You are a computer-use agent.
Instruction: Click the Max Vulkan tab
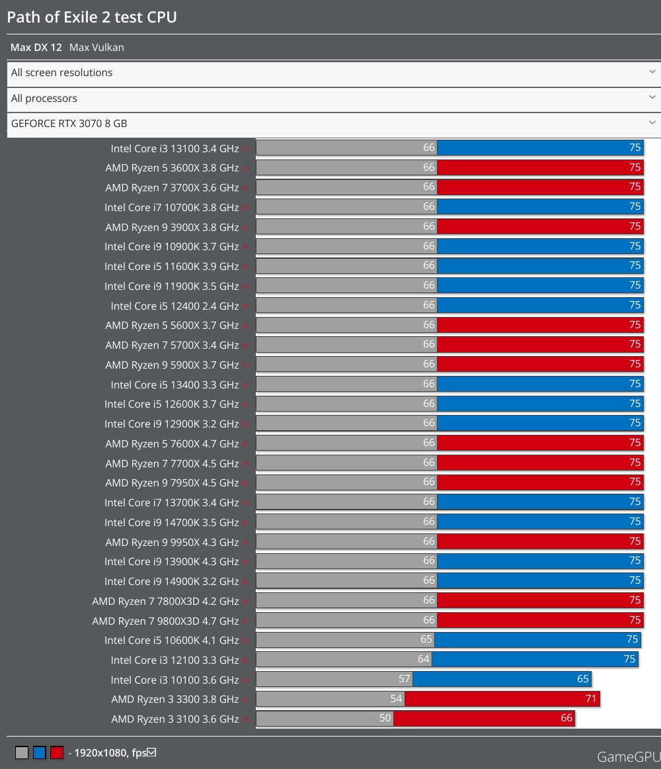tap(97, 48)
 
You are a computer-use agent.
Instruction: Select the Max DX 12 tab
tap(36, 48)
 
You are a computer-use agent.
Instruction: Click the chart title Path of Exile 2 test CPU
tap(92, 17)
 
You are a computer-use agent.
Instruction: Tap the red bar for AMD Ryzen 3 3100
tap(484, 719)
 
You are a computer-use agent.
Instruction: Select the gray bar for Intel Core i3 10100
tap(334, 680)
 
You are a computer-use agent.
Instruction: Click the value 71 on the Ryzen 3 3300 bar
tap(592, 699)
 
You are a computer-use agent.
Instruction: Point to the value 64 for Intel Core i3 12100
tap(424, 659)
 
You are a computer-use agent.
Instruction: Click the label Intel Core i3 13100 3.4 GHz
tap(175, 148)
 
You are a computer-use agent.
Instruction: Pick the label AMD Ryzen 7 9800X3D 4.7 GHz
tap(165, 621)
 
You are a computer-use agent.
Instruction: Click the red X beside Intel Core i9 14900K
tap(245, 582)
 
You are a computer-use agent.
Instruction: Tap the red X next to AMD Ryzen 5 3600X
tap(245, 169)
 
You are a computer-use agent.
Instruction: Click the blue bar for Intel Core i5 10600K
tap(537, 640)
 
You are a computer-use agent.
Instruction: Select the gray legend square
tap(22, 752)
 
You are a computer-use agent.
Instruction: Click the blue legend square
tap(40, 752)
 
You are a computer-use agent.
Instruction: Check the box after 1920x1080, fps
tap(151, 752)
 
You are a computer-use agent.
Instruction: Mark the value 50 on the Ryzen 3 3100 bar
tap(385, 718)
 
